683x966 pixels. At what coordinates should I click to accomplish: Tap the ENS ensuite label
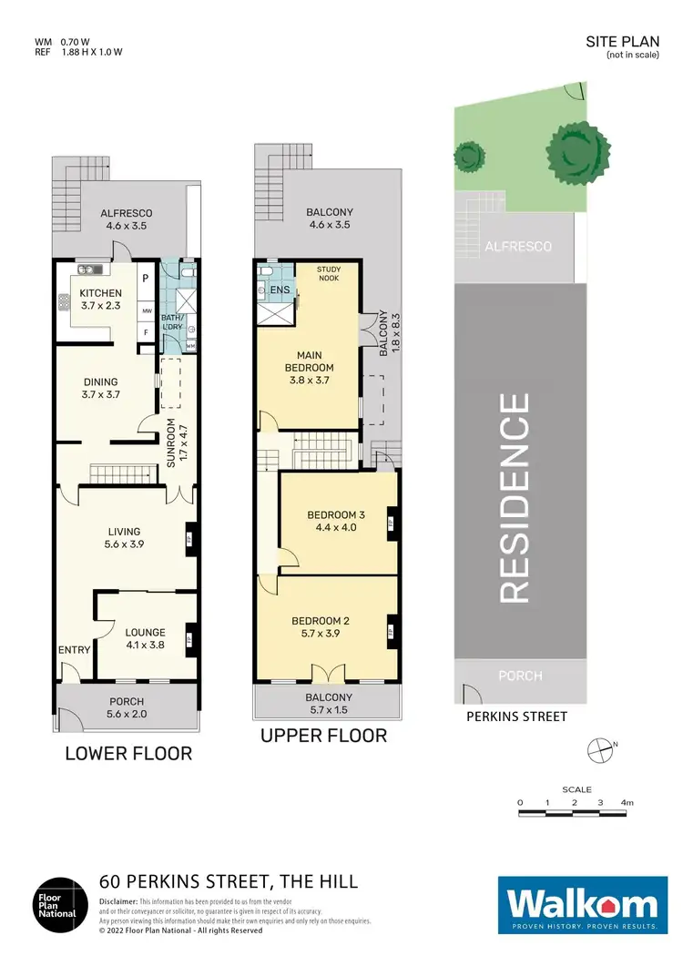click(x=280, y=290)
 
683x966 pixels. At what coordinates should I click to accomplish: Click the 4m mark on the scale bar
click(x=627, y=802)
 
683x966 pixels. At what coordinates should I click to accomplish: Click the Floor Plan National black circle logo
click(x=59, y=906)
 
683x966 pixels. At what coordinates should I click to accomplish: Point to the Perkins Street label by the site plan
click(x=516, y=717)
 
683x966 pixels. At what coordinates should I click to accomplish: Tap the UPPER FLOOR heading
click(x=323, y=735)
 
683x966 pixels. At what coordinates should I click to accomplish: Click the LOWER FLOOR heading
click(x=128, y=753)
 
